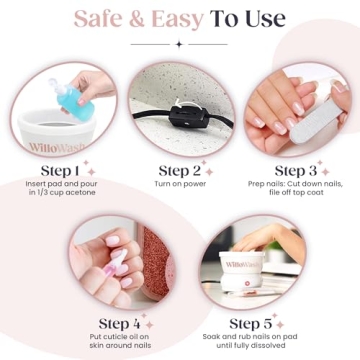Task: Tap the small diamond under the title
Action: [x=180, y=44]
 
